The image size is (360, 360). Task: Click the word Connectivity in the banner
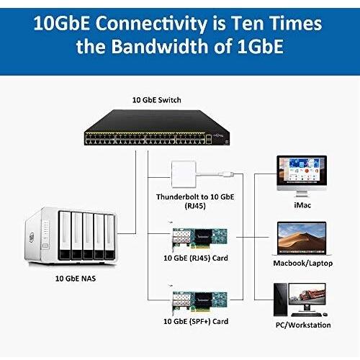pyautogui.click(x=151, y=24)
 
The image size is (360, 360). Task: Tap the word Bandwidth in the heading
pyautogui.click(x=160, y=46)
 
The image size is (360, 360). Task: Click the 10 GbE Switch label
pyautogui.click(x=157, y=100)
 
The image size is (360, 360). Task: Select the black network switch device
pyautogui.click(x=157, y=127)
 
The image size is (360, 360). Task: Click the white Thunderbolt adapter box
pyautogui.click(x=184, y=174)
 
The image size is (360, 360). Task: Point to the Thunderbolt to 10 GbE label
pyautogui.click(x=195, y=197)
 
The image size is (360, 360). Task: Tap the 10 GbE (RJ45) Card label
pyautogui.click(x=196, y=258)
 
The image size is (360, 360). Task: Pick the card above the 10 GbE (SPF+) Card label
pyautogui.click(x=199, y=302)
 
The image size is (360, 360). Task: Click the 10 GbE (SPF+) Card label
pyautogui.click(x=196, y=321)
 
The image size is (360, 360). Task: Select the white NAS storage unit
pyautogui.click(x=71, y=235)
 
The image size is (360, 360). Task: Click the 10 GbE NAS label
pyautogui.click(x=76, y=279)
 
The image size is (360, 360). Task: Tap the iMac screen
pyautogui.click(x=302, y=171)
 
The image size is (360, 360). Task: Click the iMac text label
pyautogui.click(x=302, y=205)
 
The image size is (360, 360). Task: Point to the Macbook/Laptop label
pyautogui.click(x=303, y=264)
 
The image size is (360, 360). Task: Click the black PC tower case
pyautogui.click(x=280, y=300)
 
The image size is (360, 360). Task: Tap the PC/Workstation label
pyautogui.click(x=303, y=325)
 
